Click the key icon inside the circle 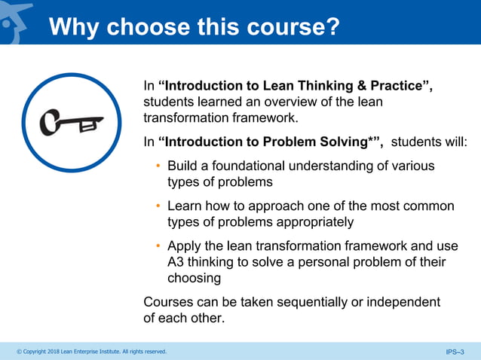tap(72, 123)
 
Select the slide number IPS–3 tap(455, 352)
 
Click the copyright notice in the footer tap(91, 352)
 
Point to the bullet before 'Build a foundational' tap(158, 166)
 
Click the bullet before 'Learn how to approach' tap(158, 206)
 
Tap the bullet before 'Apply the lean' tap(158, 246)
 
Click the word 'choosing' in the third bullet tap(194, 278)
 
